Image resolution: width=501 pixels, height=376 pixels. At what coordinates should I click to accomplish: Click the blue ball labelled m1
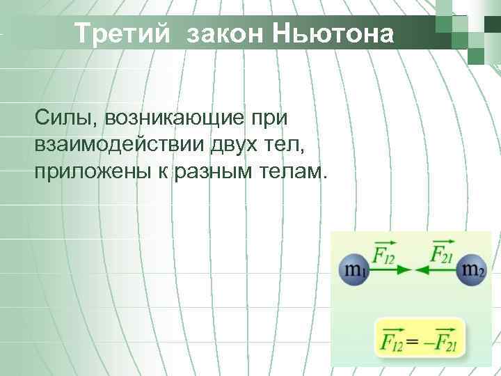click(353, 269)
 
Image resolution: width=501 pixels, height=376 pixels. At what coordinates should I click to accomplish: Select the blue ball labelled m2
click(470, 269)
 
